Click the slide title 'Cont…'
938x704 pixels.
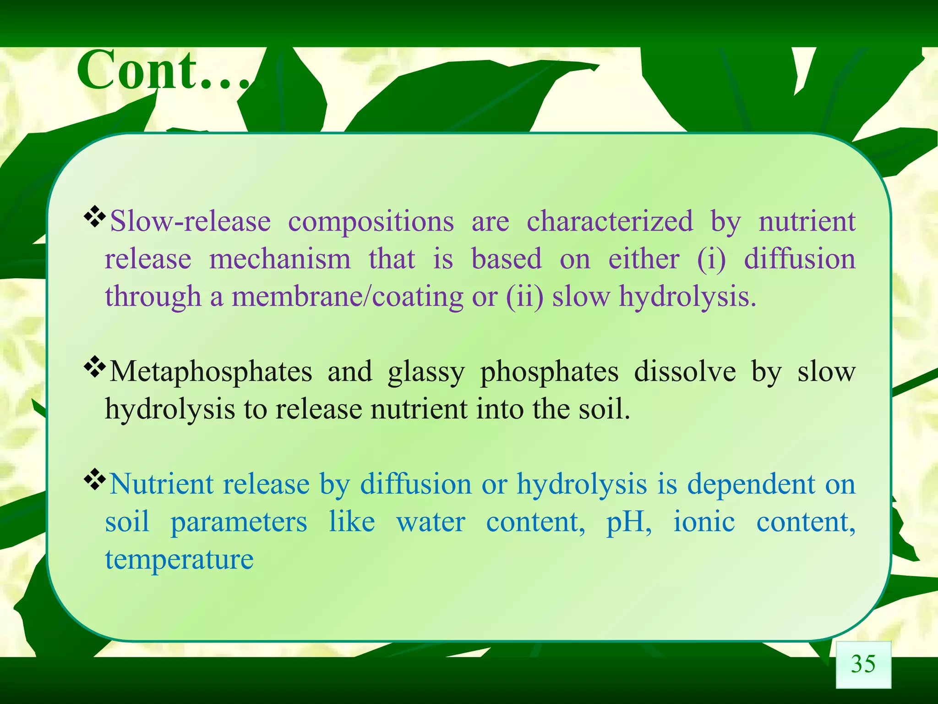[x=165, y=71]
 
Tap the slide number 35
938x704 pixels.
[x=863, y=664]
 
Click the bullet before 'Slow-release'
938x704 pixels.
[x=95, y=217]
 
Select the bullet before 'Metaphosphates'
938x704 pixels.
[x=95, y=367]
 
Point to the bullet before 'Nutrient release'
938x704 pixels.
[x=95, y=480]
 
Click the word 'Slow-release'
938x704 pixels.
[x=191, y=221]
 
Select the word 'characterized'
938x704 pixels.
[x=610, y=221]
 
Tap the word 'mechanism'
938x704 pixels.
[x=280, y=259]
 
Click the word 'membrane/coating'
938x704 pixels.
[x=348, y=297]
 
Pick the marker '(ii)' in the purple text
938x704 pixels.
[x=524, y=297]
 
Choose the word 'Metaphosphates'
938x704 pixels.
[x=211, y=371]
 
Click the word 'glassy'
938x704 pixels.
[x=426, y=372]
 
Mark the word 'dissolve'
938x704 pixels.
[x=685, y=371]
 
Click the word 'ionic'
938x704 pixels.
[x=704, y=522]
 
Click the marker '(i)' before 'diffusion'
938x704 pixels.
[x=711, y=259]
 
